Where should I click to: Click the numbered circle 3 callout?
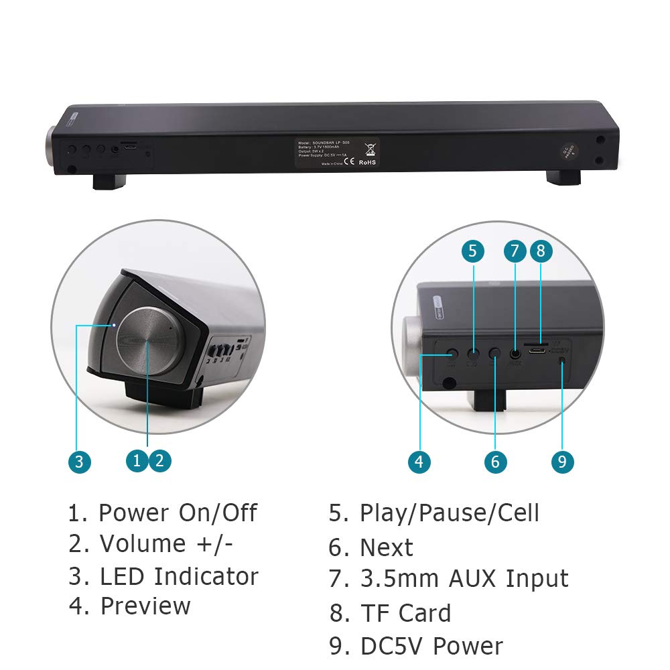(78, 461)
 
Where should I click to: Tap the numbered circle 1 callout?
(137, 460)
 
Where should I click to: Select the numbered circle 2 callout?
(159, 460)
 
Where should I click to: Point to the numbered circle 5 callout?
(472, 251)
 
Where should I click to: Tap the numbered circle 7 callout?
(515, 251)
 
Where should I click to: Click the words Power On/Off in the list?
(178, 513)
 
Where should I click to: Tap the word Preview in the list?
(145, 606)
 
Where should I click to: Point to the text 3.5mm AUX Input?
(464, 578)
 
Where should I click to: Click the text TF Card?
(405, 613)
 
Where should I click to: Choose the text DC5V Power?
(431, 647)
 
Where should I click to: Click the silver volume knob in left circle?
(149, 341)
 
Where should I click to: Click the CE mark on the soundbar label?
(346, 161)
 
